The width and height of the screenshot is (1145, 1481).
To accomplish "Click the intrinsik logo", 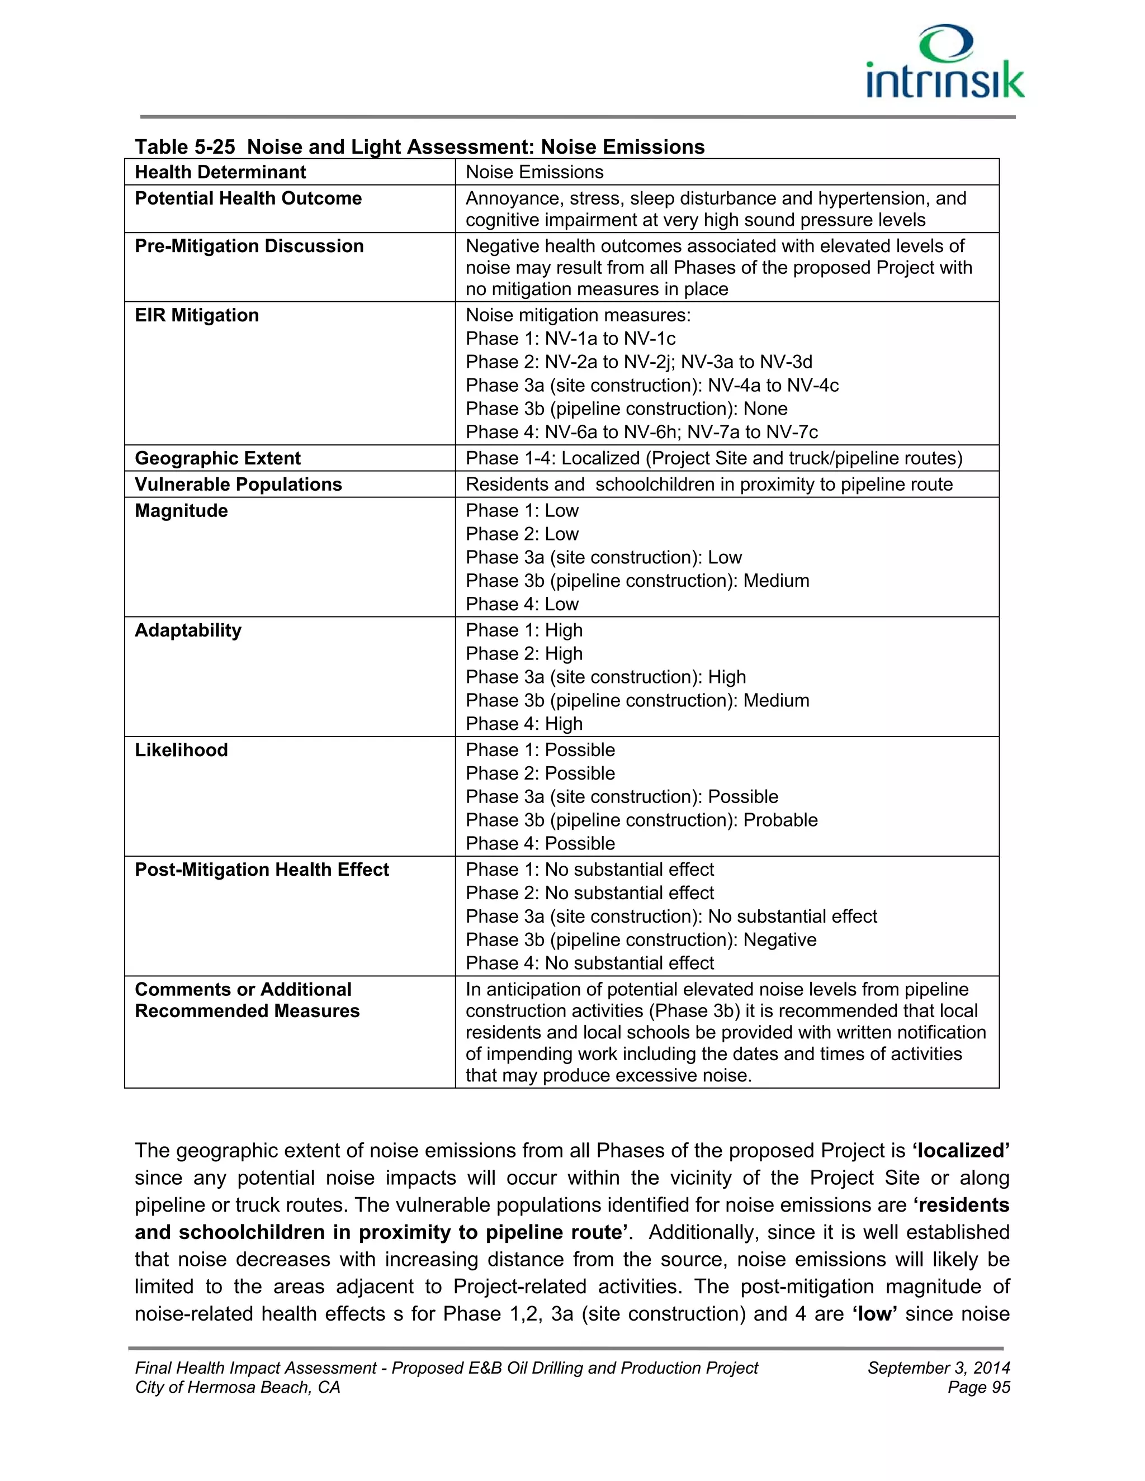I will click(945, 64).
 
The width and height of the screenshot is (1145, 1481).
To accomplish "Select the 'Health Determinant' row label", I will click(220, 172).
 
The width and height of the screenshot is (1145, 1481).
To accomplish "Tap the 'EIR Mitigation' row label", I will click(197, 315).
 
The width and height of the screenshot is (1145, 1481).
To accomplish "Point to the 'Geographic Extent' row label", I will click(217, 458).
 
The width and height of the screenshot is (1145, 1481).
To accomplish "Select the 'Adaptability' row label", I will click(188, 630).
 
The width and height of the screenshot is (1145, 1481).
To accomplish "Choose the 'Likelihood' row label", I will click(181, 750).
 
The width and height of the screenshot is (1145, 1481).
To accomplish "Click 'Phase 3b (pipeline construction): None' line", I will click(626, 409).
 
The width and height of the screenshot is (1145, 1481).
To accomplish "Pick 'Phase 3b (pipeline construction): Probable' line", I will click(641, 820).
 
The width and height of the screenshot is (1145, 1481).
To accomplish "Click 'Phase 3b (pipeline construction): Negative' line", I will click(640, 940).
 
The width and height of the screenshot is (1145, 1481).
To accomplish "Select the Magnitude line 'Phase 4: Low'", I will click(522, 604).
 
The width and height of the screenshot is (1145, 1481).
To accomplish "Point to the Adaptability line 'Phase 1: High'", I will click(524, 630).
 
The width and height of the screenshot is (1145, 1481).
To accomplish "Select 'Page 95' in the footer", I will click(978, 1388).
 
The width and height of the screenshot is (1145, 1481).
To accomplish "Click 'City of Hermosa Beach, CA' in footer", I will click(238, 1388).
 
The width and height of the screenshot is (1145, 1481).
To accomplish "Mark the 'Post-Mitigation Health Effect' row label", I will click(261, 870).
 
